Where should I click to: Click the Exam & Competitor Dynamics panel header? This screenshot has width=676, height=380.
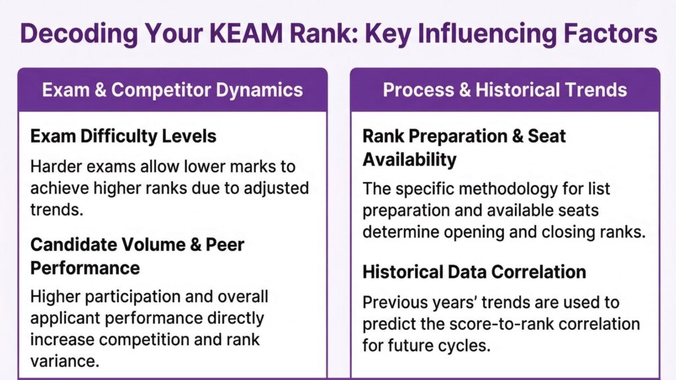click(172, 90)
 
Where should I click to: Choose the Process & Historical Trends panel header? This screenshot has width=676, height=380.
click(504, 90)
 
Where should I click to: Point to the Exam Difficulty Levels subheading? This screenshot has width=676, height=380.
click(123, 137)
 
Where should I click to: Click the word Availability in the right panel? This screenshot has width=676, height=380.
click(409, 159)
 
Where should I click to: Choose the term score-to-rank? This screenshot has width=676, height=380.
click(509, 324)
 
